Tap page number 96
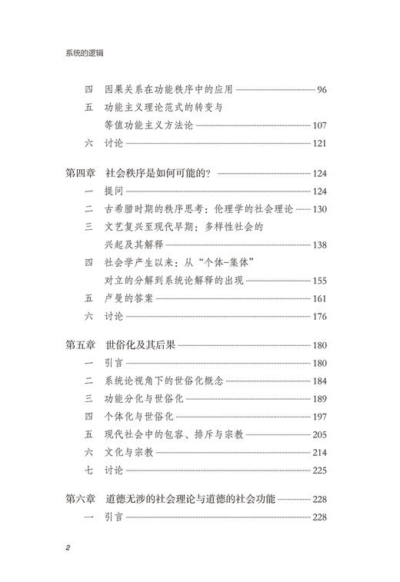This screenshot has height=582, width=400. [x=322, y=90]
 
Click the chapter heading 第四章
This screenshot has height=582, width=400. [x=84, y=173]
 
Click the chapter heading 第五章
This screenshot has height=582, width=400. [x=84, y=345]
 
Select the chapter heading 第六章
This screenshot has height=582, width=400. [x=84, y=500]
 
